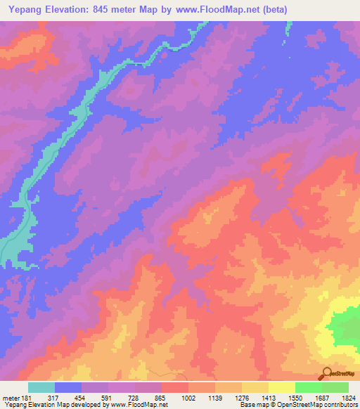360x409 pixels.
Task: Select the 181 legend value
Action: pyautogui.click(x=27, y=397)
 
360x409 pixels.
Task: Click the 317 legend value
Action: pyautogui.click(x=54, y=397)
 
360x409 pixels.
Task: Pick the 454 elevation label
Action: pyautogui.click(x=81, y=397)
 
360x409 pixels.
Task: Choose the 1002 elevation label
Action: pyautogui.click(x=188, y=397)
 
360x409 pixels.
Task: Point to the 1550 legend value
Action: pyautogui.click(x=295, y=397)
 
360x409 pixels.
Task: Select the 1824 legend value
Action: pyautogui.click(x=347, y=397)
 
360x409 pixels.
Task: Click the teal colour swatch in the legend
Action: pyautogui.click(x=41, y=387)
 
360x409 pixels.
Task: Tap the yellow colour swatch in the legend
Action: pyautogui.click(x=281, y=387)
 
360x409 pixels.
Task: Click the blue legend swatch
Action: pyautogui.click(x=68, y=387)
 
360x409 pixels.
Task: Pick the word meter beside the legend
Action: pyautogui.click(x=11, y=397)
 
